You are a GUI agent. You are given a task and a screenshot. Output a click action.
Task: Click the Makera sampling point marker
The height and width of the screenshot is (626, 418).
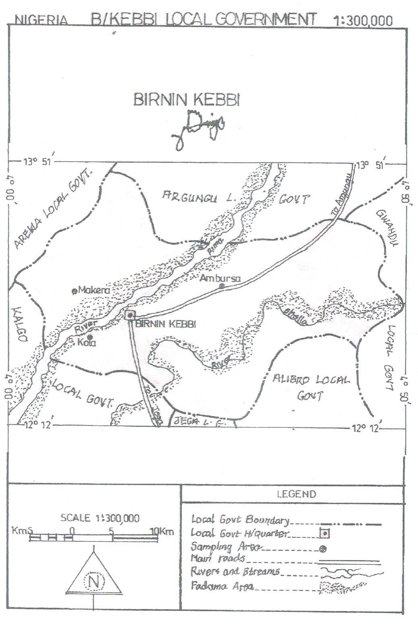tap(74, 291)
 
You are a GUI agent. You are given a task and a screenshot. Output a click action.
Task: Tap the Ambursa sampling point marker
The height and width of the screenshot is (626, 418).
tap(221, 286)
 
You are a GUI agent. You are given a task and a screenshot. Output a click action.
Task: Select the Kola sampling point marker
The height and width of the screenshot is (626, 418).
tap(89, 336)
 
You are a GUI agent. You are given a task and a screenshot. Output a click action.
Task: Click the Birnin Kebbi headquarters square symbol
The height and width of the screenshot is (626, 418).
tap(130, 315)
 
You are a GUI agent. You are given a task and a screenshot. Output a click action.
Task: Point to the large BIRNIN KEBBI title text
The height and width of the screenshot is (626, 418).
tap(187, 99)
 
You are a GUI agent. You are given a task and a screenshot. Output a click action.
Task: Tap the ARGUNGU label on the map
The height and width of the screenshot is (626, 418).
tap(190, 197)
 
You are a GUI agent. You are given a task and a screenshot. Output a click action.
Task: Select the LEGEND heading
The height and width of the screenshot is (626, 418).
tap(296, 494)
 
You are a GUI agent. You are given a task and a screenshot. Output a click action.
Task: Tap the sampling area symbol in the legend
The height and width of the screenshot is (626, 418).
tap(323, 549)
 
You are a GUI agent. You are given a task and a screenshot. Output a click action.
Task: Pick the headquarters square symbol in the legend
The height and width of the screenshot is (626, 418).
tap(324, 534)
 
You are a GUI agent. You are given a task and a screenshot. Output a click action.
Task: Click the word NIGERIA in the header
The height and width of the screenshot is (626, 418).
tap(41, 20)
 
